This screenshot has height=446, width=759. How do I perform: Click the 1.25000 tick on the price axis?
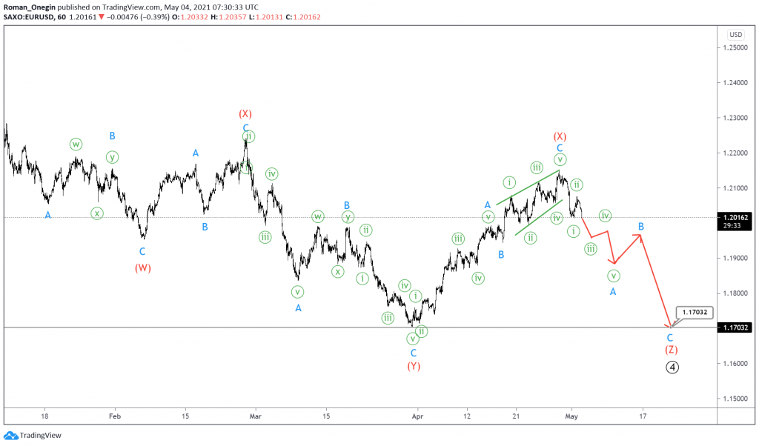[x=736, y=47]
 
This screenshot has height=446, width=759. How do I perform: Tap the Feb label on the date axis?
[x=113, y=416]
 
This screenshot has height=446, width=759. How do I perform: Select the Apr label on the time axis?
[x=417, y=416]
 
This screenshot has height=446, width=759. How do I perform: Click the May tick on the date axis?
[x=571, y=416]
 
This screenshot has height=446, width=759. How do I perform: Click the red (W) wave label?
[x=143, y=268]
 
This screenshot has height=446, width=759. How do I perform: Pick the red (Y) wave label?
[x=414, y=366]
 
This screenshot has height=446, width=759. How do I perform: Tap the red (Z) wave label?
[x=670, y=350]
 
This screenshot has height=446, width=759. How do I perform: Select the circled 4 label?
[x=672, y=367]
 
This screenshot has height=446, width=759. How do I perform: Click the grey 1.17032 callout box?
[x=695, y=313]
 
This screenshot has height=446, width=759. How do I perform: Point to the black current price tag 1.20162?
[x=736, y=218]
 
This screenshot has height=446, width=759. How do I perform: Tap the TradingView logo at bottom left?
[x=33, y=436]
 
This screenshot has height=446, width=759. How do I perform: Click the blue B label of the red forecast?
[x=641, y=226]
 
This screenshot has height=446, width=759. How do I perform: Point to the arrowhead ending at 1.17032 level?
[x=670, y=326]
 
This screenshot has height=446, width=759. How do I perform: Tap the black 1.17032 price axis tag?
[x=736, y=327]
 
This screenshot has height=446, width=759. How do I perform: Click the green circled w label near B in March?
[x=317, y=216]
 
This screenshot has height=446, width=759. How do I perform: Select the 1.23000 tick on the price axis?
[x=736, y=118]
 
